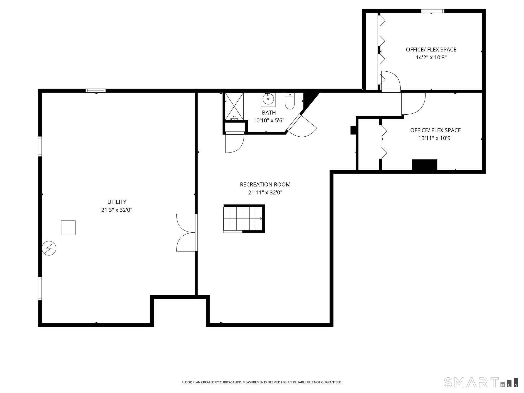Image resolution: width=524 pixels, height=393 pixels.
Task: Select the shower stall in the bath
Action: click(234, 106)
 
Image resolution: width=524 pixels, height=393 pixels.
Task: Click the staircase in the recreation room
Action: click(244, 219)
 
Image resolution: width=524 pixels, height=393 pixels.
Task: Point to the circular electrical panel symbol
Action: click(49, 248)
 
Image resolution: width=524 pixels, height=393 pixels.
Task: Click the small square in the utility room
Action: click(68, 227)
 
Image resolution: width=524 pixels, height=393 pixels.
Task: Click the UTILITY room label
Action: click(117, 202)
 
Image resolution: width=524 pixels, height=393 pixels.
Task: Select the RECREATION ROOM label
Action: click(265, 184)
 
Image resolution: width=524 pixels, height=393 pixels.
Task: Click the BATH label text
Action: click(269, 113)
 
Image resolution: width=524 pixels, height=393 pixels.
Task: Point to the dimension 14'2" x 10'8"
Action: click(431, 58)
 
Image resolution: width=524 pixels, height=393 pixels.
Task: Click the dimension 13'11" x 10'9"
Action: click(435, 138)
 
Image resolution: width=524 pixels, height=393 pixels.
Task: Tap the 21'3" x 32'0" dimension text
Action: click(117, 210)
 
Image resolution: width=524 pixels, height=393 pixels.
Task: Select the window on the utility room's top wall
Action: click(95, 91)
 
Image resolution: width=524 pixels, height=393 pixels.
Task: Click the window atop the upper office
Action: click(433, 11)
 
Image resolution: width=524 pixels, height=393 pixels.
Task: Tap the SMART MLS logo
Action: click(481, 382)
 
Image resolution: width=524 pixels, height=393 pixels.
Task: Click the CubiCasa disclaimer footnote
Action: click(262, 382)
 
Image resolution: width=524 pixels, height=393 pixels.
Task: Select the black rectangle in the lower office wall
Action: click(424, 165)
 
